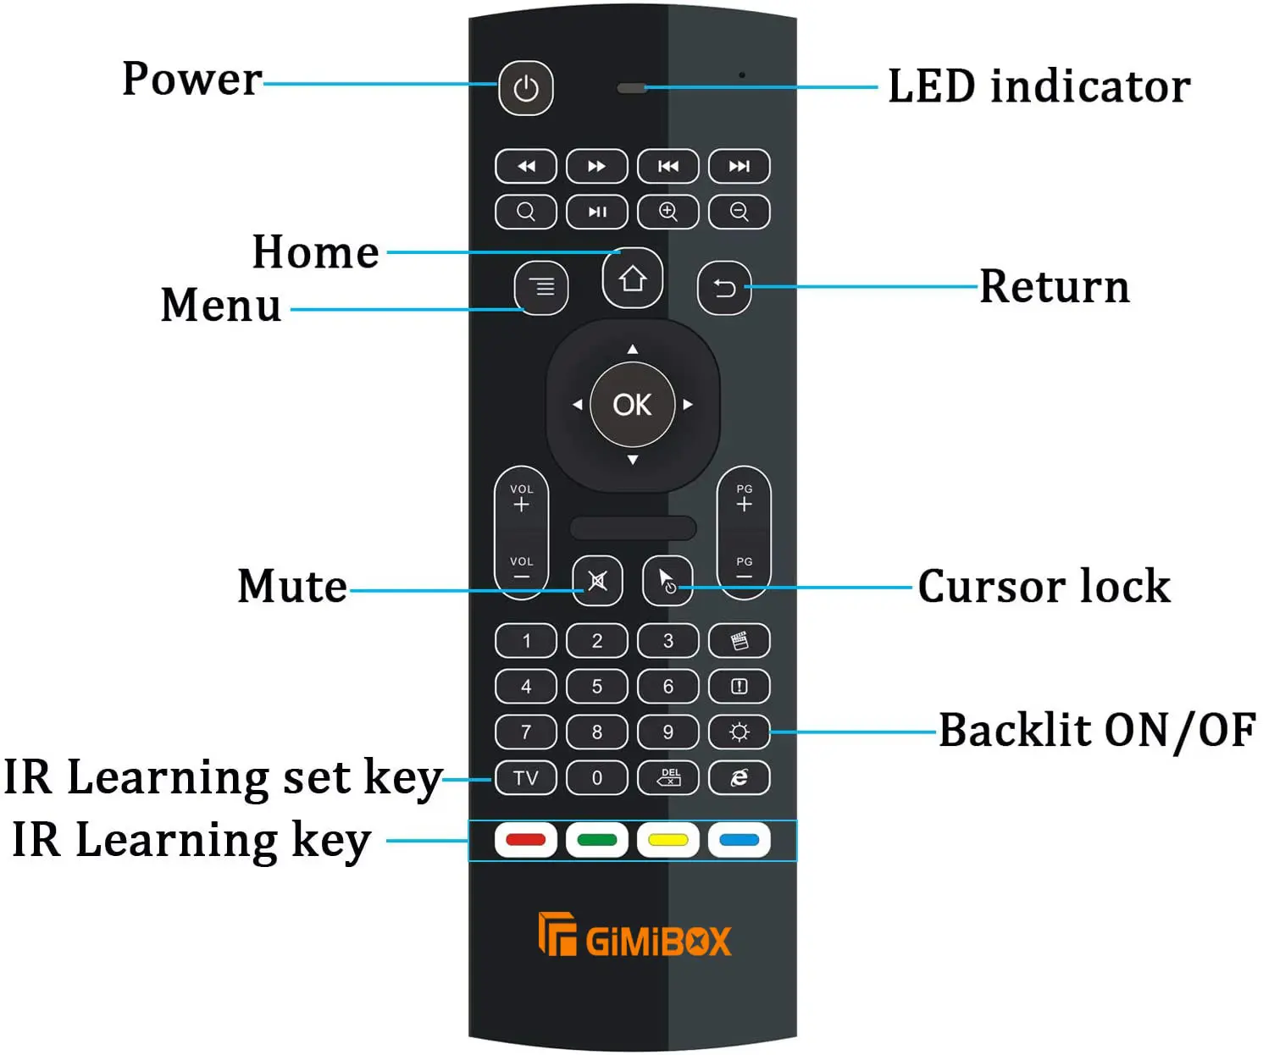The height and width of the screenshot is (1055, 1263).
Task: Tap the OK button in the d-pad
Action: tap(632, 405)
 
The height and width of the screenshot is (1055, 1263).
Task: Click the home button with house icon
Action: tap(632, 279)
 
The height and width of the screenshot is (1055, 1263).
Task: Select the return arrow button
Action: tap(723, 289)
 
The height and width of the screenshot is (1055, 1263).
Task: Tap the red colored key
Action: tap(525, 840)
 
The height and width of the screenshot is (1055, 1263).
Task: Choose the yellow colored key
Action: tap(668, 840)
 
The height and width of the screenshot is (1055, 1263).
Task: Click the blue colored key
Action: tap(739, 840)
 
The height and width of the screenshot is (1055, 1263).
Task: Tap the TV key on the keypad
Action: tap(525, 777)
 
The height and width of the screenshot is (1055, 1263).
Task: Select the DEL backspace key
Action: tap(668, 777)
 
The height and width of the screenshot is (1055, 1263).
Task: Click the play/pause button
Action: tap(596, 212)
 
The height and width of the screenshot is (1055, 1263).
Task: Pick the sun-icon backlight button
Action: tap(739, 732)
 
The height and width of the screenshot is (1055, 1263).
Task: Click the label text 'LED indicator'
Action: tap(1039, 86)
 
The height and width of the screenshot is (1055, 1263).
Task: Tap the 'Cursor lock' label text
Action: tap(1044, 586)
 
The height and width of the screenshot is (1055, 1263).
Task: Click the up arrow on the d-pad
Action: tap(632, 349)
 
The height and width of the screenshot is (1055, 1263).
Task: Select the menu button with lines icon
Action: tap(541, 288)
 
